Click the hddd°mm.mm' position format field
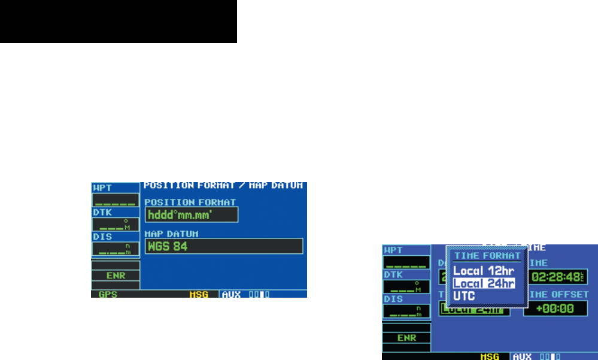point(191,215)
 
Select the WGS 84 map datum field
point(223,246)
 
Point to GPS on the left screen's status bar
point(108,294)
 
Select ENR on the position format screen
point(115,276)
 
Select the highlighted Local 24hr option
point(484,283)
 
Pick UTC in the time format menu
point(464,296)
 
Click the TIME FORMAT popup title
point(486,256)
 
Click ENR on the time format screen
point(406,338)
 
